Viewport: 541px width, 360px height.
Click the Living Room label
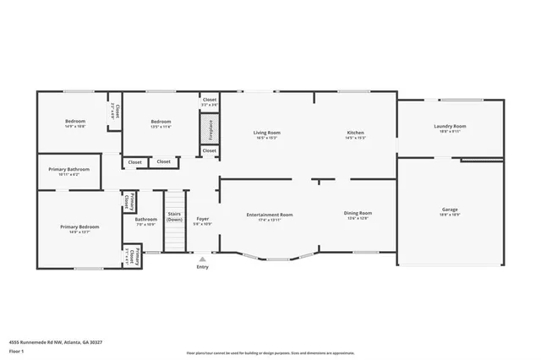point(267,134)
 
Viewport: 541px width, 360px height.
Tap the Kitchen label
point(355,134)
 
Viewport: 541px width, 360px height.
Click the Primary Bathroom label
point(68,172)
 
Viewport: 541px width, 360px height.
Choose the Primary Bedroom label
point(79,227)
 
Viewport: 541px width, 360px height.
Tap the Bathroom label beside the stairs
point(145,221)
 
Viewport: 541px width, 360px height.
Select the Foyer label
point(203,221)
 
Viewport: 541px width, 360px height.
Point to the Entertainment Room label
point(270,215)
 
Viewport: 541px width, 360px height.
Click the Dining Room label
point(358,215)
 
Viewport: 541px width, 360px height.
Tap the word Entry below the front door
point(202,267)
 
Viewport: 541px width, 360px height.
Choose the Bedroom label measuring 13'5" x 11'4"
point(161,123)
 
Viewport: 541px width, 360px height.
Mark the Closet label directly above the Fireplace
point(209,101)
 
